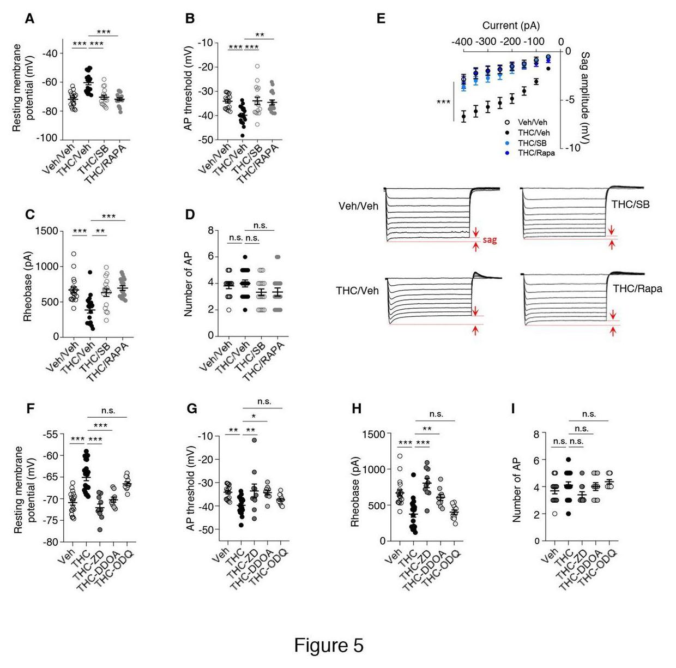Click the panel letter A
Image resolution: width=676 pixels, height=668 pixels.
(29, 19)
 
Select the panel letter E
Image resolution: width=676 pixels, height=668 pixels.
(381, 19)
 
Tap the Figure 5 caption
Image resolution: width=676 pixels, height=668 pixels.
(328, 645)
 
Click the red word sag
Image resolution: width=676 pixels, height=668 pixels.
(490, 239)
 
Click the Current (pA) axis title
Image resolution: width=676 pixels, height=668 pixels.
(511, 26)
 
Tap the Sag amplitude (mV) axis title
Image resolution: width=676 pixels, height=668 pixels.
(585, 98)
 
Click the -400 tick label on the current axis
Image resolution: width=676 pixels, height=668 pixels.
(462, 42)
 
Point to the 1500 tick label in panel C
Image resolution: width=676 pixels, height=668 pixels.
(47, 231)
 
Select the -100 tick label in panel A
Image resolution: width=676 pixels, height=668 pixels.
(47, 139)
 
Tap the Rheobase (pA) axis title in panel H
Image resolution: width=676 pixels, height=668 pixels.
(355, 488)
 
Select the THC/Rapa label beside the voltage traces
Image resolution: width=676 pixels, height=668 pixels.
(637, 288)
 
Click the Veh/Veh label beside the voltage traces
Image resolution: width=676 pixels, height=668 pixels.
(358, 207)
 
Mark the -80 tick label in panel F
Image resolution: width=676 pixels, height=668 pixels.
(49, 542)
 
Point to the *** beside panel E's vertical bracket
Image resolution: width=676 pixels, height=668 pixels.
(444, 102)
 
